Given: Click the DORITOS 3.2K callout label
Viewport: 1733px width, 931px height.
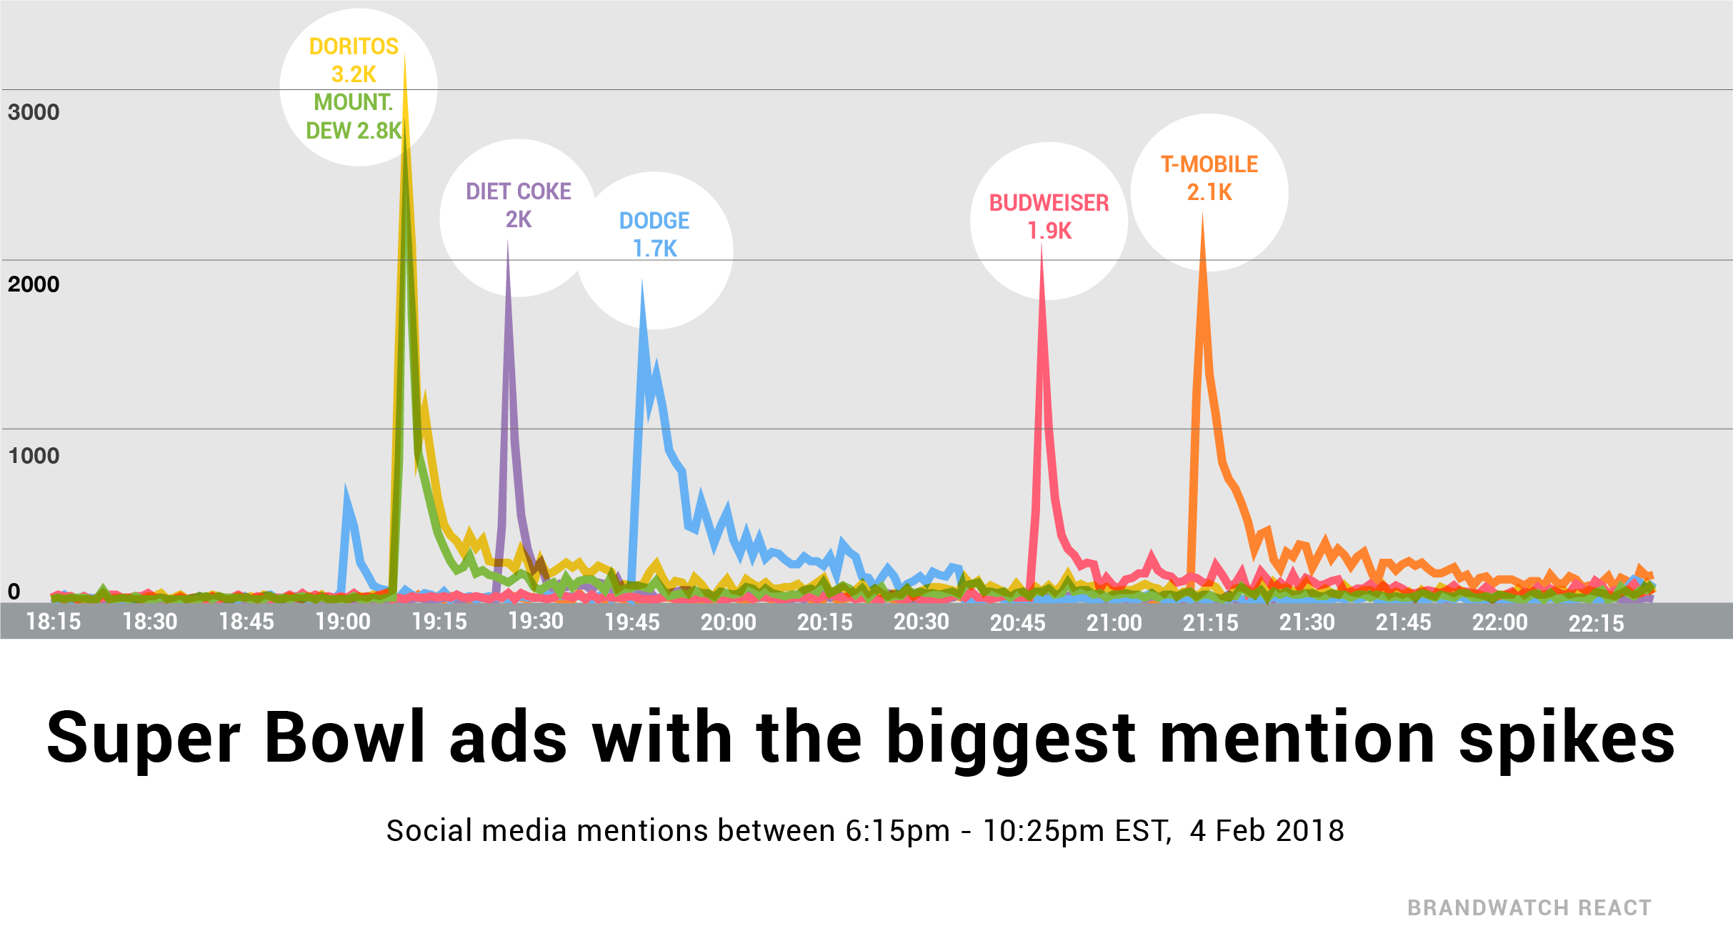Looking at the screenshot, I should (354, 60).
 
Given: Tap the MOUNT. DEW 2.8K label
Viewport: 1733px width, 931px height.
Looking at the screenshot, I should (354, 116).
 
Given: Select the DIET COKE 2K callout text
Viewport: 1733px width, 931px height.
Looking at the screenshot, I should (519, 205).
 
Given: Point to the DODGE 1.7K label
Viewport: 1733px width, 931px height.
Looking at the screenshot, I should (654, 234).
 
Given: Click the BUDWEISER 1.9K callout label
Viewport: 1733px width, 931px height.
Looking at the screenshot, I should (1049, 216).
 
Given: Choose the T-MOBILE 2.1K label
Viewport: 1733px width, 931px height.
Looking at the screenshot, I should (1209, 178).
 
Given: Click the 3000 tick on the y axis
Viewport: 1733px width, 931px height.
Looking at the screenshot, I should (34, 112).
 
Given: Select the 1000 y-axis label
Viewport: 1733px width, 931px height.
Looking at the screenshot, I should (34, 456).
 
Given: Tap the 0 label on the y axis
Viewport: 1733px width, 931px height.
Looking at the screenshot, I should (14, 592).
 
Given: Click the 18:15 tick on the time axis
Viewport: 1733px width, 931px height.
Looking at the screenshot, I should (54, 622).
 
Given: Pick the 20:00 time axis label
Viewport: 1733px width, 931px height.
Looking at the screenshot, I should (728, 622).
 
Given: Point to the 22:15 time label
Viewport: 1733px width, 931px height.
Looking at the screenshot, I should (1596, 624).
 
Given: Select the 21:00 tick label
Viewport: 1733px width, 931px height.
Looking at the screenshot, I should (1114, 623).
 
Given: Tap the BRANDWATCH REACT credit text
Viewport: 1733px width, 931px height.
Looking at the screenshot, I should (1529, 908).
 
